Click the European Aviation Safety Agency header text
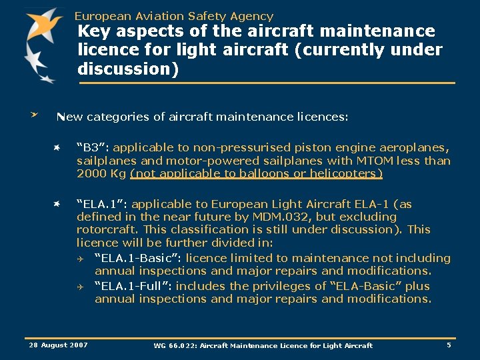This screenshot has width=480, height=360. point(173,16)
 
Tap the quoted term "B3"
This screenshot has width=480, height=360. point(89,147)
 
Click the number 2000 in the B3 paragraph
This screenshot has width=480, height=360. point(91,174)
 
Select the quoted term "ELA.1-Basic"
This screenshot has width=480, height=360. point(138,258)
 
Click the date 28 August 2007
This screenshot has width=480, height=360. point(59,345)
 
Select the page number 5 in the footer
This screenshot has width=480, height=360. point(449,345)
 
